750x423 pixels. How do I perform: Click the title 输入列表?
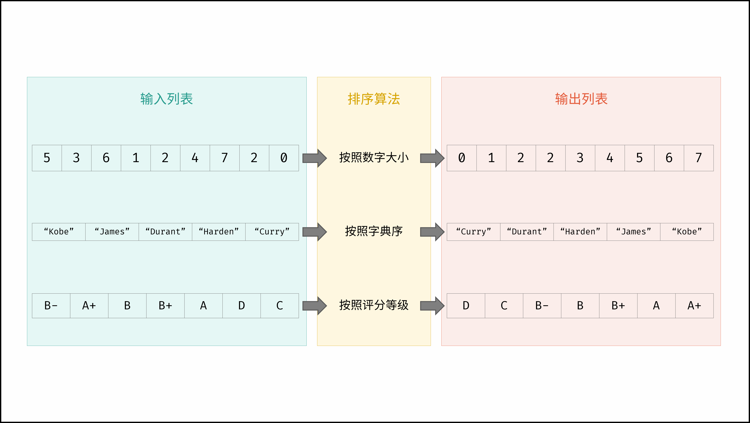tap(166, 99)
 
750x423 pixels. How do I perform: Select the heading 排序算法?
tap(374, 99)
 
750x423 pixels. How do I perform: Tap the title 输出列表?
tap(581, 99)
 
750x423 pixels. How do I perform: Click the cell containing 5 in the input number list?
tap(47, 158)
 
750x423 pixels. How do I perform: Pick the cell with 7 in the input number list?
tap(224, 158)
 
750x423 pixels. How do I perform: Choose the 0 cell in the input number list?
tap(284, 158)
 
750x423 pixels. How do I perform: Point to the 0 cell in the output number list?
tap(462, 158)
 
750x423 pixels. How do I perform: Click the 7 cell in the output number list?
tap(699, 158)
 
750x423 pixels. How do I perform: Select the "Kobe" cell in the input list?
tap(59, 232)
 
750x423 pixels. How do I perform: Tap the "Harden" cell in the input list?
tap(219, 232)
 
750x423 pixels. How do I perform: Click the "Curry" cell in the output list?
tap(474, 232)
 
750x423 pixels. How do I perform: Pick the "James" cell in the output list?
tap(634, 232)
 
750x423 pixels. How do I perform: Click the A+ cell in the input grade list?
tap(89, 306)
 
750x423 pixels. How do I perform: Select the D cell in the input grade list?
tap(242, 306)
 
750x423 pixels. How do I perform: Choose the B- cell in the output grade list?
tap(542, 306)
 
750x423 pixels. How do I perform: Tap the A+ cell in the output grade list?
tap(694, 306)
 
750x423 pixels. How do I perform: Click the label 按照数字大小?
tap(374, 158)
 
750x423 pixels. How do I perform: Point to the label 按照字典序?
tap(374, 231)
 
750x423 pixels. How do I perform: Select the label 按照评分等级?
tap(374, 305)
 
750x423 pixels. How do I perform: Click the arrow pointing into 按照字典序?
tap(315, 232)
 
